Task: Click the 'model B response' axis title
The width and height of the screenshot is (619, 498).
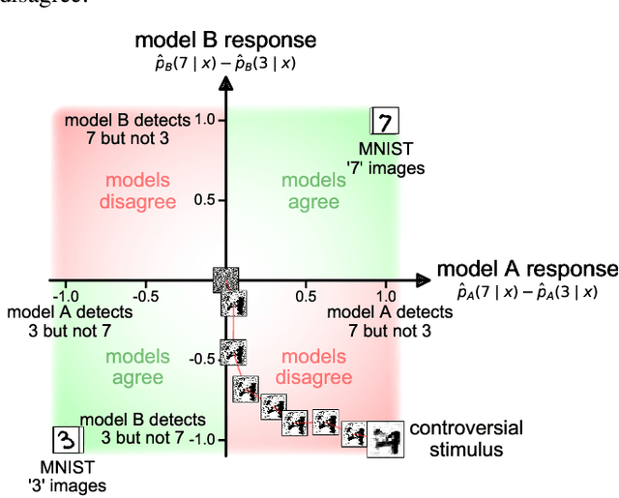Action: [224, 40]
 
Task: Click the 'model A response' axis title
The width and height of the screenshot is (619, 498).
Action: [526, 269]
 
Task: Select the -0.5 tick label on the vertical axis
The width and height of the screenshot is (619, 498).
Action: [201, 360]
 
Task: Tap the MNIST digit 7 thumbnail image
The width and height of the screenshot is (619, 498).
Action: [385, 123]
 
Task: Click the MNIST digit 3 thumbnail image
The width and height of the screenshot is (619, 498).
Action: [66, 440]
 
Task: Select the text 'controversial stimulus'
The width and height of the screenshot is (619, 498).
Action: [466, 438]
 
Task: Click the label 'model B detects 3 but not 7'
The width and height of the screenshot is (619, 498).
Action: [143, 428]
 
